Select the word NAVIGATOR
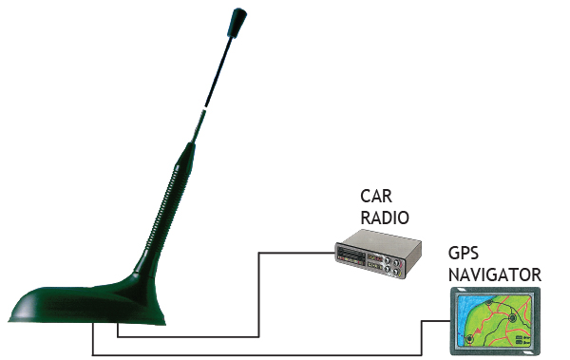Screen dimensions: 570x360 494,275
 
